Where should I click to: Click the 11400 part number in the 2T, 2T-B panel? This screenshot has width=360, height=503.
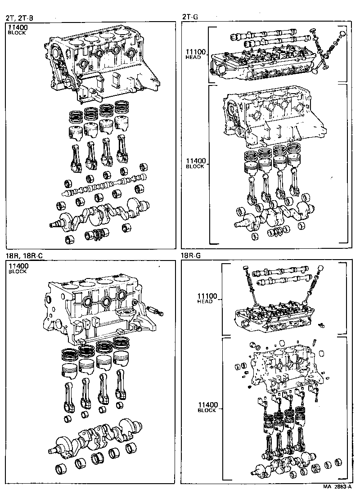[18, 27]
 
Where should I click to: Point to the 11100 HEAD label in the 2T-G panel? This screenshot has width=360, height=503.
[195, 54]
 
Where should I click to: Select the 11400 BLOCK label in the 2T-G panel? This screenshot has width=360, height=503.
[195, 163]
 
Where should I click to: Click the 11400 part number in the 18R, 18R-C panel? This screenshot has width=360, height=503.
[18, 266]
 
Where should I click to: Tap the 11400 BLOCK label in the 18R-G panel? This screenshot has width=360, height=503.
[207, 407]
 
